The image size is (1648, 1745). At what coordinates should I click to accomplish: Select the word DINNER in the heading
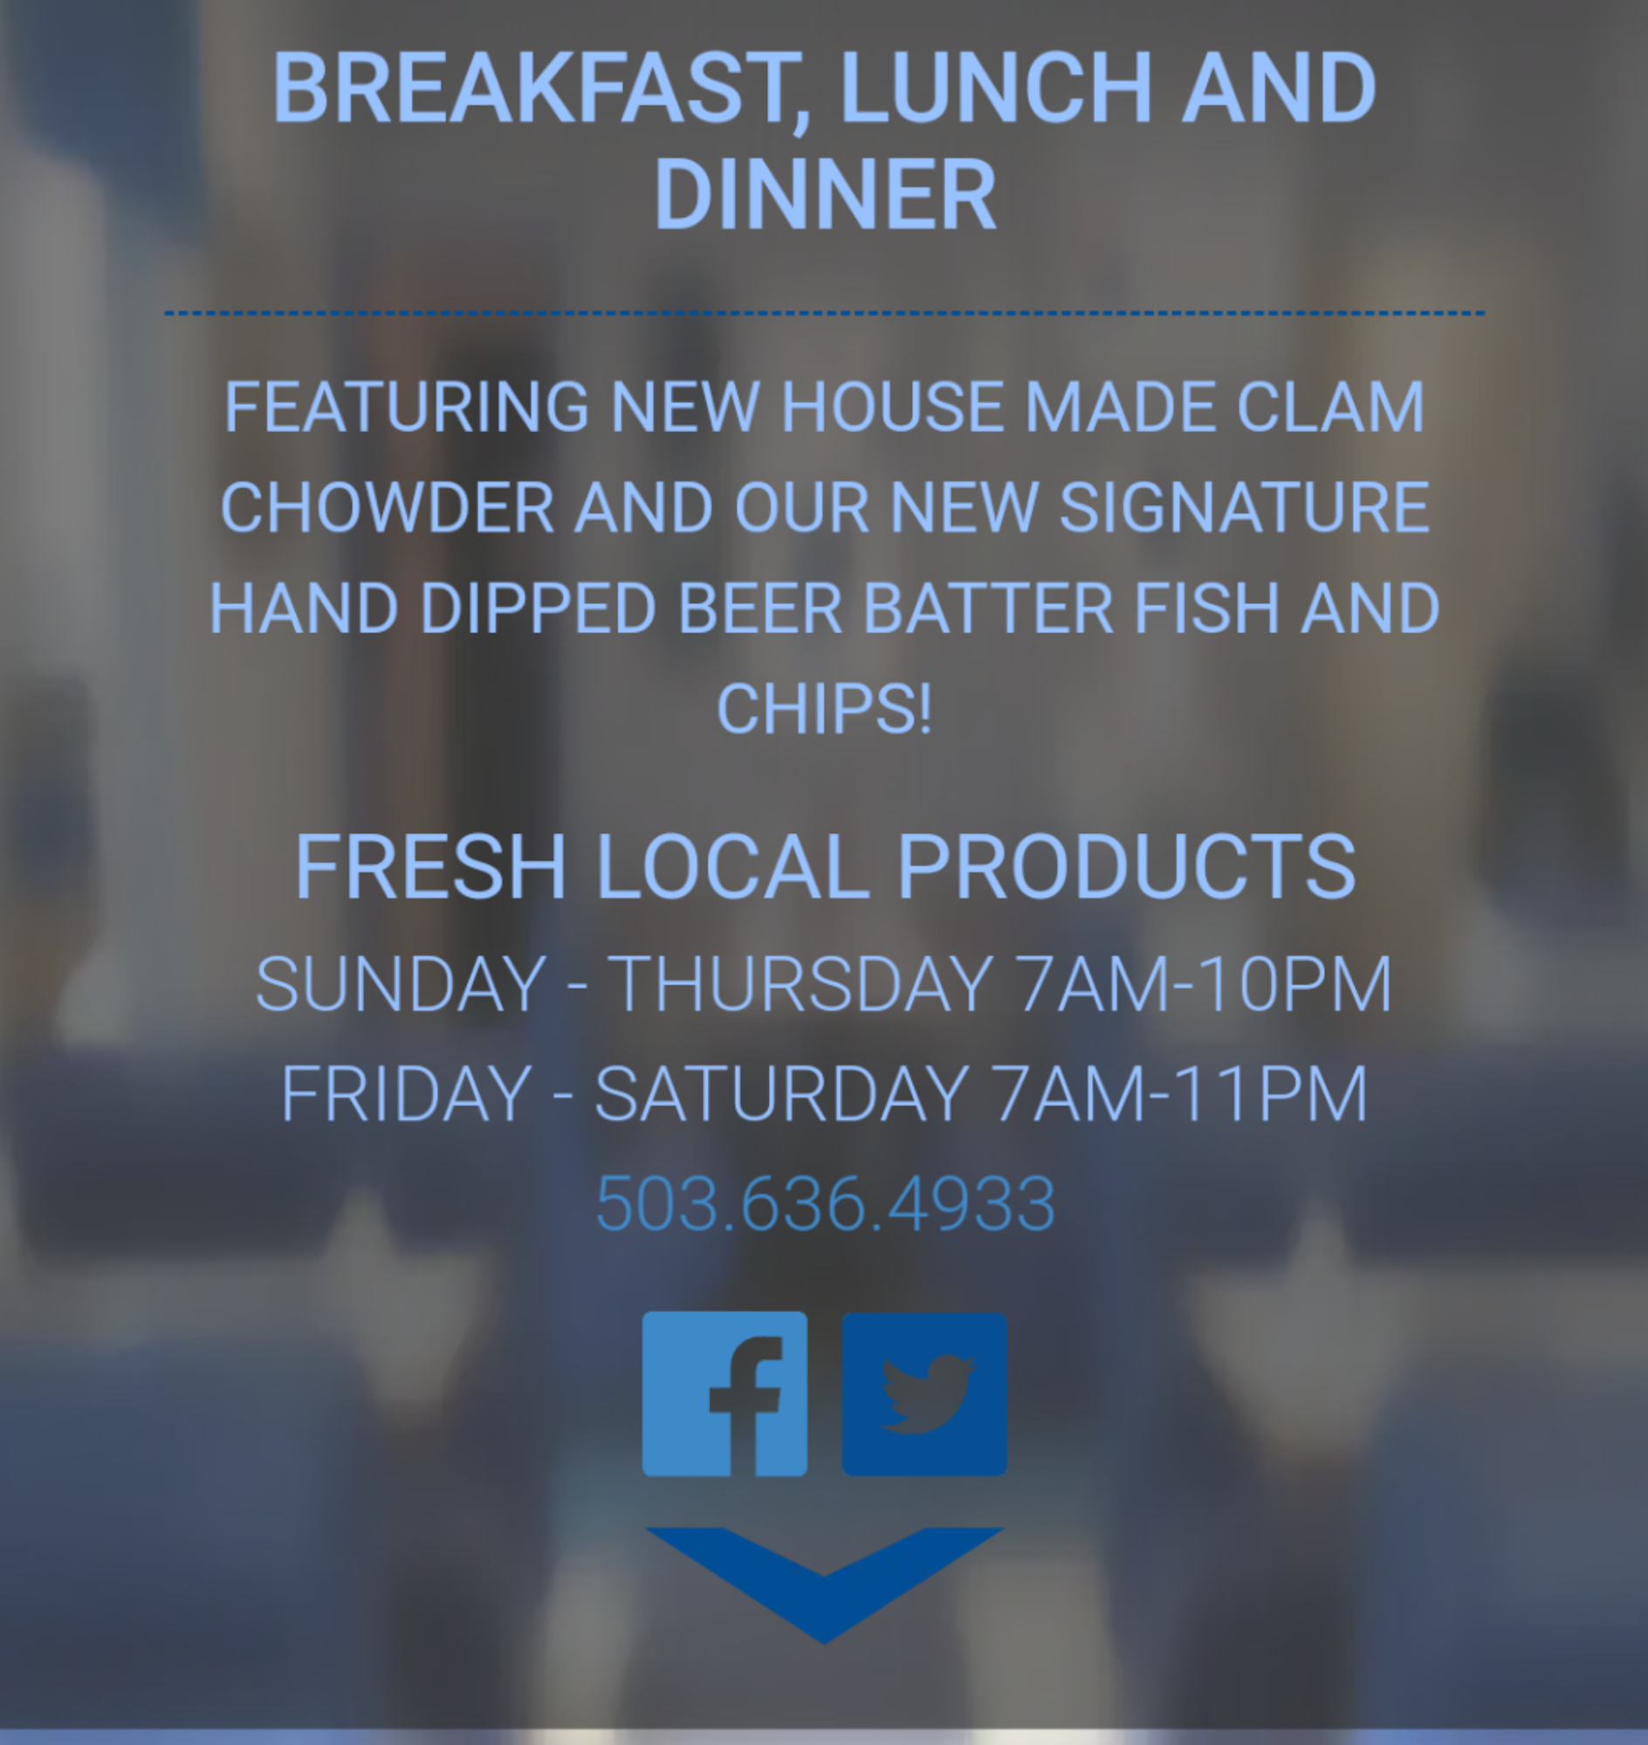tap(825, 194)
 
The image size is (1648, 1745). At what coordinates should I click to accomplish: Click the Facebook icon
tap(724, 1393)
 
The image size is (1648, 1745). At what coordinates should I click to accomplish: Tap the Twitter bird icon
tap(924, 1393)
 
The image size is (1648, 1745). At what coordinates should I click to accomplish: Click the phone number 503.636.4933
tap(825, 1203)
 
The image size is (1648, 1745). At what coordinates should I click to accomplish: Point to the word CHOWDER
tap(388, 508)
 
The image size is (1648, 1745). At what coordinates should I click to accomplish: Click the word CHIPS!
tap(824, 708)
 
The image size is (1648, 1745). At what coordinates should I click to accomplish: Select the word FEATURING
tap(407, 407)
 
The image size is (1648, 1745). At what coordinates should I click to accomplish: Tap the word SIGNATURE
tap(1245, 508)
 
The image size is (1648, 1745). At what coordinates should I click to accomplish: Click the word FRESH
tap(430, 866)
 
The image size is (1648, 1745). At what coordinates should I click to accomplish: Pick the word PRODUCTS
tap(1127, 866)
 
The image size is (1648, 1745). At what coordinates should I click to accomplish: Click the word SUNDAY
tap(401, 984)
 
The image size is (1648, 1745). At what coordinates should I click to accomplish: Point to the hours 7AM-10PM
tap(1203, 984)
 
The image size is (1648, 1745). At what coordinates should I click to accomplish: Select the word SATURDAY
tap(782, 1094)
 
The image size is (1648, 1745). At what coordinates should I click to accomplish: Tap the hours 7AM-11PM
tap(1179, 1094)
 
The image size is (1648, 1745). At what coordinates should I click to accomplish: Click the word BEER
tap(761, 608)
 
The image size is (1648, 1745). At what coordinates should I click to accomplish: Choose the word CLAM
tap(1330, 407)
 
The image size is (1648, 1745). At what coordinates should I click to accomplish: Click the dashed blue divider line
tap(824, 312)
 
